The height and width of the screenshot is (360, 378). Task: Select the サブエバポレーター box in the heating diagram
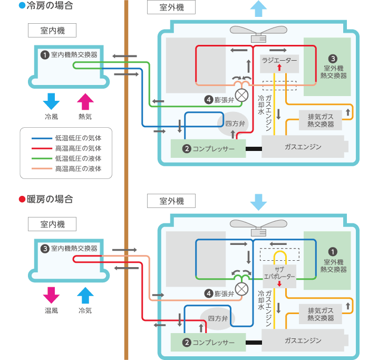[x=279, y=273]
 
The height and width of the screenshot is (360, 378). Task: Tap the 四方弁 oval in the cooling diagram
[x=232, y=124]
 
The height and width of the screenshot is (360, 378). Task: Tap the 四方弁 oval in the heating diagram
[x=217, y=319]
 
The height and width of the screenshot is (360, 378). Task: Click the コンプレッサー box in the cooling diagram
[x=209, y=149]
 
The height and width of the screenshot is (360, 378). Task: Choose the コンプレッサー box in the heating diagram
[x=209, y=343]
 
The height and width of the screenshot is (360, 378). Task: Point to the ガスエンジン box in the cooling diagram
[x=303, y=146]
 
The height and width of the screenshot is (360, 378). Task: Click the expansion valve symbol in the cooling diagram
[x=242, y=95]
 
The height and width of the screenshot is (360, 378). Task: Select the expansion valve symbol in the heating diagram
[x=242, y=289]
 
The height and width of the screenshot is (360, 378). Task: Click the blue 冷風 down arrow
[x=51, y=101]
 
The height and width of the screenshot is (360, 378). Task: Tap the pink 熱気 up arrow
[x=85, y=101]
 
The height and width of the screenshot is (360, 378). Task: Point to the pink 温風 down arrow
[x=51, y=295]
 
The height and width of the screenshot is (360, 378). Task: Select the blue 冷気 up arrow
[x=85, y=295]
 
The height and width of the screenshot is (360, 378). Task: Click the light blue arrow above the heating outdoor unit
[x=258, y=202]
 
